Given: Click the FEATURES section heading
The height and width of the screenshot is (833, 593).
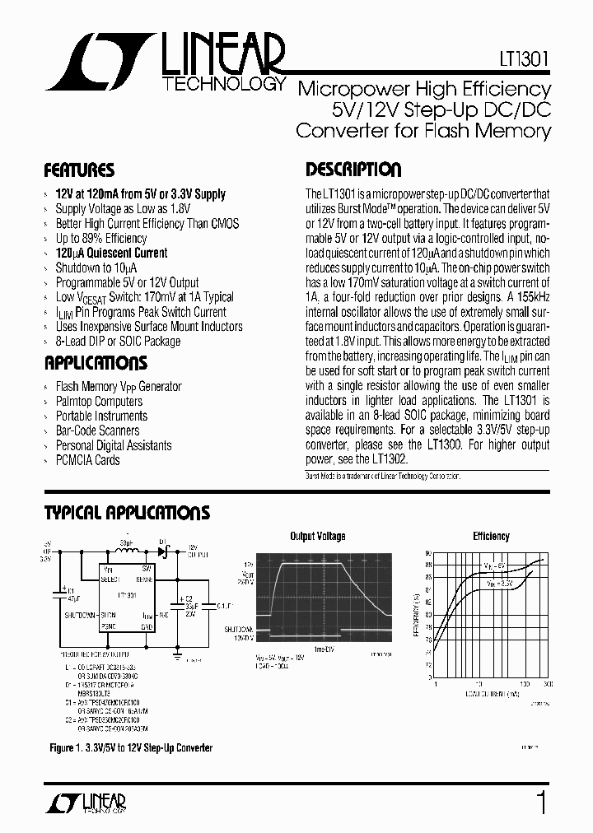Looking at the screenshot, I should (79, 170).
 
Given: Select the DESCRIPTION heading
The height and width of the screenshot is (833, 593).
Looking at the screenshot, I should (353, 170).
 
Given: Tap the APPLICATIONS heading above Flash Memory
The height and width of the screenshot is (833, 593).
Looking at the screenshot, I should (96, 363).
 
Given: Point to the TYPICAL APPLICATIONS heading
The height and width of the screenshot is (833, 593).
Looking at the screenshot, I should (127, 514).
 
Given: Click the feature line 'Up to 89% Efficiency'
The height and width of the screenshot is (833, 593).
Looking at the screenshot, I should (101, 239).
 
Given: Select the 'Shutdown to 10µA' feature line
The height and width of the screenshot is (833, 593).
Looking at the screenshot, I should (96, 268).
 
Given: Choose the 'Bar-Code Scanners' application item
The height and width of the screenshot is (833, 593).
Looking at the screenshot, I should (97, 430).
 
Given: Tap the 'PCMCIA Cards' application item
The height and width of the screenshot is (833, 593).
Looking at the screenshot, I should (87, 460).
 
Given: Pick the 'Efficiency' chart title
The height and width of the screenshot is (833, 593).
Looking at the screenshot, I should (491, 537).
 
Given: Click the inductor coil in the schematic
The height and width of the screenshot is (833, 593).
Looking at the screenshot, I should (124, 550).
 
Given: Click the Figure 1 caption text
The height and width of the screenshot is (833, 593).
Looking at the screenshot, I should (129, 747).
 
